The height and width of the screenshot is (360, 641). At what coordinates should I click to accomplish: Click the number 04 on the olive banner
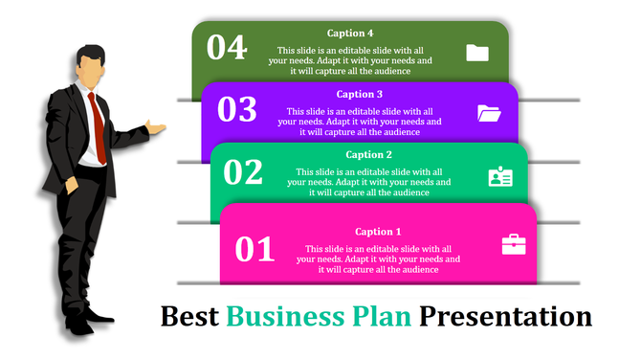tap(227, 47)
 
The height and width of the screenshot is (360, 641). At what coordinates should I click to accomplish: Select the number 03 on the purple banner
tap(237, 110)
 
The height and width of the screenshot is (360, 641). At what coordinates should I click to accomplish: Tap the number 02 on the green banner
tap(243, 171)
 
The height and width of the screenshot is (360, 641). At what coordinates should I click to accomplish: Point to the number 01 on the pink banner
tap(255, 249)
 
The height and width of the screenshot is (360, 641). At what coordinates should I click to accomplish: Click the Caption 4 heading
tap(350, 34)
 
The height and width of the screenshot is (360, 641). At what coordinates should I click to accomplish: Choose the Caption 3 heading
tap(360, 94)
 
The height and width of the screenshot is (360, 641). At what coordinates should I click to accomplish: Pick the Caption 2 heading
tap(369, 154)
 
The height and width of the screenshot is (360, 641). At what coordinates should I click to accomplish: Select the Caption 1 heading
tap(378, 232)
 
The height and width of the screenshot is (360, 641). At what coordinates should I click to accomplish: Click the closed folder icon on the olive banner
tap(477, 53)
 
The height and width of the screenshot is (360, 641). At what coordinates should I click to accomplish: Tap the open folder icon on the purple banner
tap(489, 113)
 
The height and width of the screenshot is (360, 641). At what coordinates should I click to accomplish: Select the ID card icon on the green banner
tap(500, 176)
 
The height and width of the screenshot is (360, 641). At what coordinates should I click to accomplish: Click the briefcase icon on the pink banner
tap(514, 245)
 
